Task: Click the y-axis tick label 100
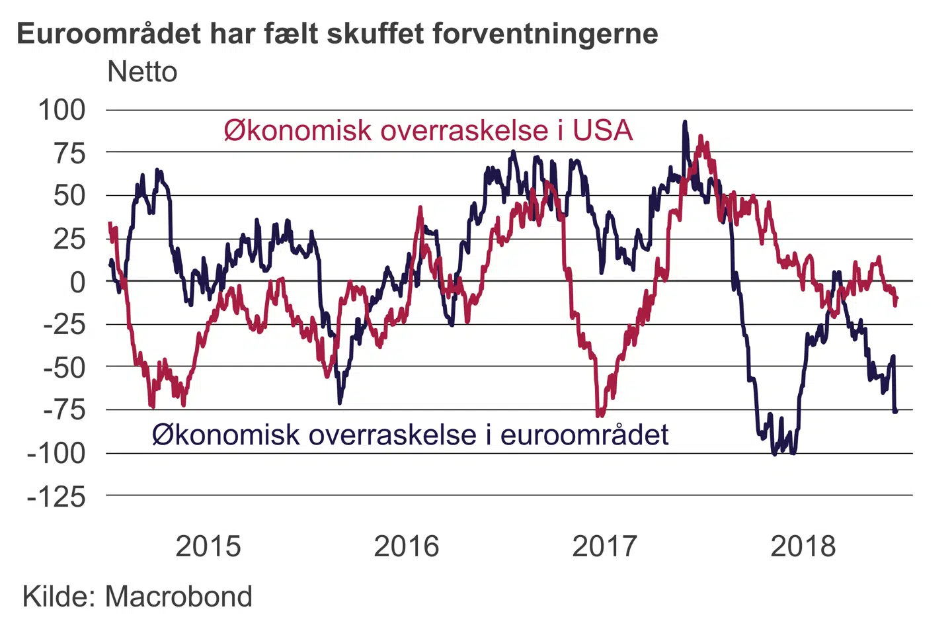coord(61,110)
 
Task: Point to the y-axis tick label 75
coord(69,153)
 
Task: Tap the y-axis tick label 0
coord(78,282)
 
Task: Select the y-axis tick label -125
coord(56,496)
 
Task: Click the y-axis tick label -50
coord(64,367)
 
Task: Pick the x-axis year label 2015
coord(208,546)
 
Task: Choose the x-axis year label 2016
coord(407,546)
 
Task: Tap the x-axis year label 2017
coord(604,546)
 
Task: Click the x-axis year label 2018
coord(803,546)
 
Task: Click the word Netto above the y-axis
coord(142,72)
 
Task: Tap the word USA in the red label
coord(602,130)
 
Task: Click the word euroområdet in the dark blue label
coord(584,435)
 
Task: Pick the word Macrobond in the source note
coord(178,597)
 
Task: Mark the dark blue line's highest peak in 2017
coord(685,122)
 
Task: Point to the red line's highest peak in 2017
coord(701,137)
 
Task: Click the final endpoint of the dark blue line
coord(896,411)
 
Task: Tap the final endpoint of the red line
coord(896,299)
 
